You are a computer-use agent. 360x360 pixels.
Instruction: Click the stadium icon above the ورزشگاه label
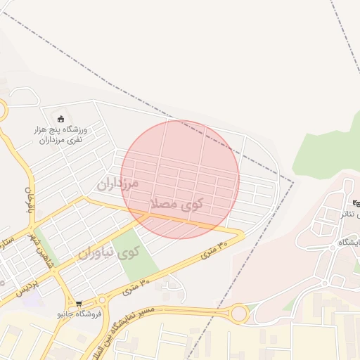click(60, 118)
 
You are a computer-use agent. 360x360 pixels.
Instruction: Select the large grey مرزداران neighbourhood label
click(118, 185)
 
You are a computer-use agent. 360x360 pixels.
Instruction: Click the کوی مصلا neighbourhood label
click(176, 204)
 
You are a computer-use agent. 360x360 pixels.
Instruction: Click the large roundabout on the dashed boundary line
click(238, 314)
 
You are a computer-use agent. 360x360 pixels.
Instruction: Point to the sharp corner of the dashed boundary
click(293, 181)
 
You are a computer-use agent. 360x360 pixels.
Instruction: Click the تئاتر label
click(352, 214)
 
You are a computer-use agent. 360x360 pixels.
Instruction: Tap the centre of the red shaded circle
click(180, 179)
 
